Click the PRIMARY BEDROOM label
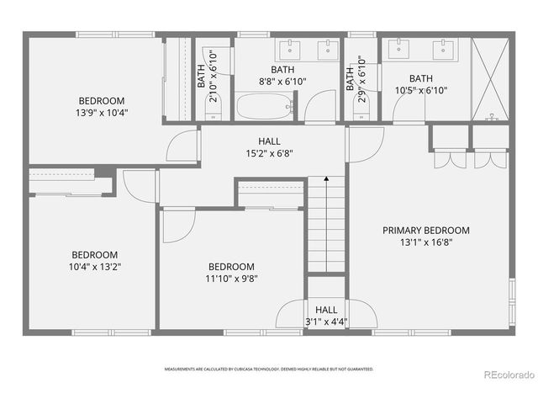click(426, 230)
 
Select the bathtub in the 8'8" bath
click(265, 107)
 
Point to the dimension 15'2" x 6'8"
click(269, 154)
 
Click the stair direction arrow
click(325, 179)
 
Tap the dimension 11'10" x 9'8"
click(231, 278)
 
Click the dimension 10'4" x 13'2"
click(95, 267)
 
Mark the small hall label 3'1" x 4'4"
click(326, 322)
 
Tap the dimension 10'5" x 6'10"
click(421, 91)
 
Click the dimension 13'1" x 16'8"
click(426, 242)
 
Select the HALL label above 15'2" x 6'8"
click(269, 141)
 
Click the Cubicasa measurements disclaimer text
click(269, 369)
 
